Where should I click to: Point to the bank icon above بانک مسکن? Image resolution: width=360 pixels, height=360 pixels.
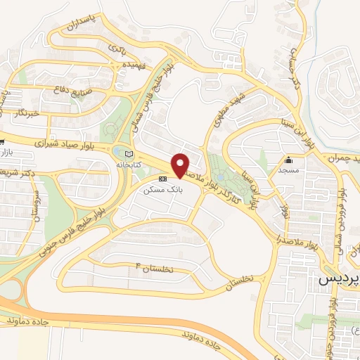pos(162,180)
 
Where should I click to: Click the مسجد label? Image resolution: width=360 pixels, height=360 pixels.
pos(288,169)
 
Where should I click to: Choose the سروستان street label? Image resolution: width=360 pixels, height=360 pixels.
pos(33,200)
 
